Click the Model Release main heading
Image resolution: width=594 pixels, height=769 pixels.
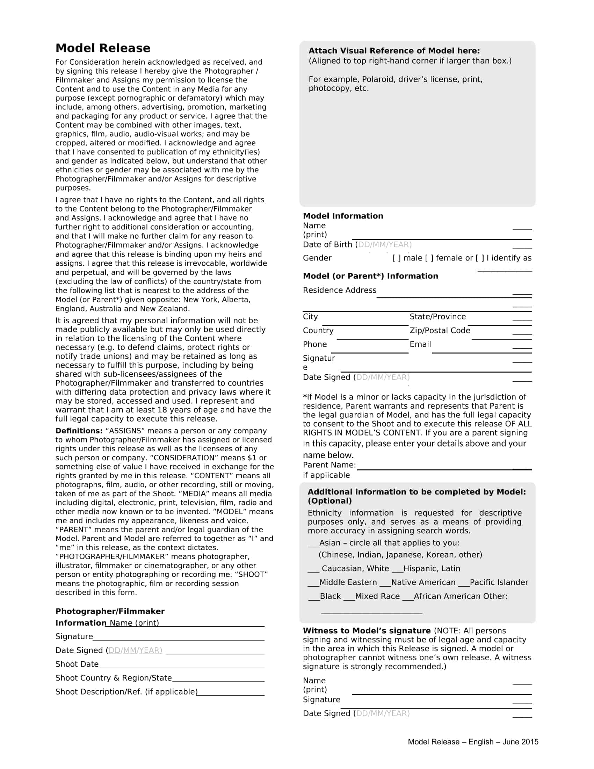point(103,48)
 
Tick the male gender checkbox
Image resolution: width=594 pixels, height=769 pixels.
point(397,258)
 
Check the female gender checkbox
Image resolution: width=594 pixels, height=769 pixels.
point(429,258)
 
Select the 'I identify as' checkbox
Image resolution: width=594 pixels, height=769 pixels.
point(480,258)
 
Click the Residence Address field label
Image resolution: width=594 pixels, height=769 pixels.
point(339,290)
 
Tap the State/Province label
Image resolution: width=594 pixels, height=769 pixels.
point(437,317)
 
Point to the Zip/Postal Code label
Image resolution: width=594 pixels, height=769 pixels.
point(440,330)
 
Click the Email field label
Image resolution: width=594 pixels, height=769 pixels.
point(420,344)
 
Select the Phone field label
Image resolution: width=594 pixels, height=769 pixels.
point(314,344)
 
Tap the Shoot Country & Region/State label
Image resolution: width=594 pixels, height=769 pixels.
point(113,678)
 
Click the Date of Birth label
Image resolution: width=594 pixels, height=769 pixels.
point(327,244)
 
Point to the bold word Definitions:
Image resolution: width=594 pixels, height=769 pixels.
point(79,431)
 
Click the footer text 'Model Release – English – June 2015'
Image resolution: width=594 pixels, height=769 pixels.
point(473,741)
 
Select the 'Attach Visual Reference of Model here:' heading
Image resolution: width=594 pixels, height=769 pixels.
point(394,51)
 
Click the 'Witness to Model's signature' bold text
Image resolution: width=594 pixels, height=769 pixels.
point(367,631)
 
